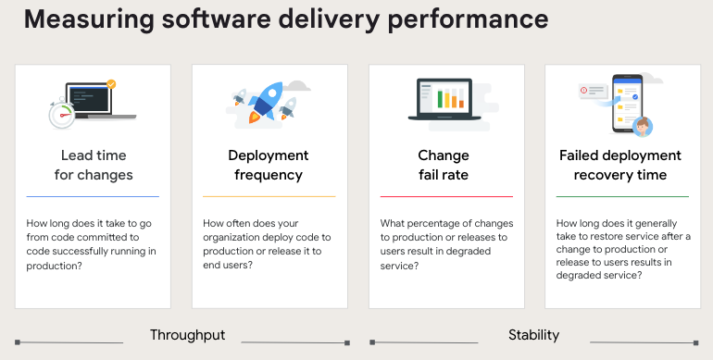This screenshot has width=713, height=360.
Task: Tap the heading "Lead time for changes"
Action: tap(93, 165)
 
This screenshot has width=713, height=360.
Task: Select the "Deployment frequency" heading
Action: tap(269, 165)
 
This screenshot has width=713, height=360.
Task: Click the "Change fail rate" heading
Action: tap(444, 165)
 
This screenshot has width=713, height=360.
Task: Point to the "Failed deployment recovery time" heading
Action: tap(620, 165)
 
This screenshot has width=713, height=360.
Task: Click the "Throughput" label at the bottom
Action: tap(188, 335)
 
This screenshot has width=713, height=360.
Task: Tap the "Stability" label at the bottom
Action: tap(533, 335)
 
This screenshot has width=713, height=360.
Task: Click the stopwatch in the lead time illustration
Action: tap(61, 114)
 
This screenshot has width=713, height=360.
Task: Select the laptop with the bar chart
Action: tap(448, 102)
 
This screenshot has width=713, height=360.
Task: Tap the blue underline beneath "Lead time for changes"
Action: tap(93, 196)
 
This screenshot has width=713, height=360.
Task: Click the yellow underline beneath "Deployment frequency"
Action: tap(269, 196)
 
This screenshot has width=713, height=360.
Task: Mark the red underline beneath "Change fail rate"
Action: tap(446, 196)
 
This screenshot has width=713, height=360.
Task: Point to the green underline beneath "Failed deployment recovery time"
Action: tap(622, 196)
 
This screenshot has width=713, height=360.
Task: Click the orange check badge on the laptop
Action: tap(112, 84)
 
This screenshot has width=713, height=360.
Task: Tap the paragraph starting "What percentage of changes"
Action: tap(445, 244)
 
